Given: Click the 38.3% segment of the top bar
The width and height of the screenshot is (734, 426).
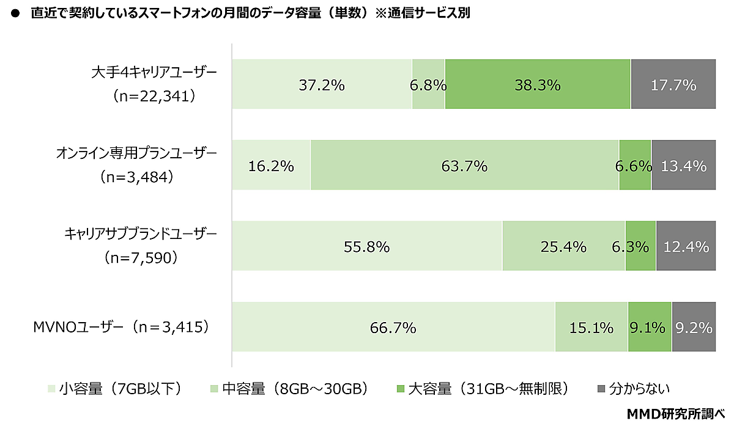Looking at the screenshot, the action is (538, 84).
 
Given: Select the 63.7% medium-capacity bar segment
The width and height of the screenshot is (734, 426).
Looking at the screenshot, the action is (465, 164).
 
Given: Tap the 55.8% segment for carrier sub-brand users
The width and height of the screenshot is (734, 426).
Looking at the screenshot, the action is (367, 246).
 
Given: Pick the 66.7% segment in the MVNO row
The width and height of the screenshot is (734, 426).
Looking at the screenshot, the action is (393, 326).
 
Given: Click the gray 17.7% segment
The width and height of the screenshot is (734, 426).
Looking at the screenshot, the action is (673, 84).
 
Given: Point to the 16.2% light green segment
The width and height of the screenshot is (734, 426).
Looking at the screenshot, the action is (271, 164).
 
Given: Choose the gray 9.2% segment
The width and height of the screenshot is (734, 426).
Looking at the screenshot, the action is (694, 326).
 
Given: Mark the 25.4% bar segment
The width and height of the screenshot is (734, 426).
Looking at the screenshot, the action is (564, 246).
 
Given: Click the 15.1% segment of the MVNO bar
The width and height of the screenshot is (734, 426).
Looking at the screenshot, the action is (591, 326).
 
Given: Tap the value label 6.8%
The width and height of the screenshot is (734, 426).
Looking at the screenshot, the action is (428, 86).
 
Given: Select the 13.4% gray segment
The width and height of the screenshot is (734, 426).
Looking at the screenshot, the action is (684, 164).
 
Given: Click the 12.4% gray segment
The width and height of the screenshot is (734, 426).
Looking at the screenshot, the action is (686, 246).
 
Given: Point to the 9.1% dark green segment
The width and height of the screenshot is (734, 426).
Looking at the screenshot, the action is (650, 326).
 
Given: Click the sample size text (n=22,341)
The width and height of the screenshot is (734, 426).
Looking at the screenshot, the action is (154, 97).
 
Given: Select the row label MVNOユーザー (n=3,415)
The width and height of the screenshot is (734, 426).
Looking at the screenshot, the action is (121, 327).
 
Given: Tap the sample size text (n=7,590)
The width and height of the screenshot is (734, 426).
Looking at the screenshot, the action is (141, 258).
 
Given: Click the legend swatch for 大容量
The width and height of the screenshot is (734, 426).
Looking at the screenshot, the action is (400, 389).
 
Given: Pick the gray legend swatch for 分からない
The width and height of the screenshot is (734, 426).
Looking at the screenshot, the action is (601, 389).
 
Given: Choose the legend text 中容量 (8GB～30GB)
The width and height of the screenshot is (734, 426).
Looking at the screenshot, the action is (295, 389).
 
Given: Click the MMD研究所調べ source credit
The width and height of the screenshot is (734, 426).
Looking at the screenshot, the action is (676, 414).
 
